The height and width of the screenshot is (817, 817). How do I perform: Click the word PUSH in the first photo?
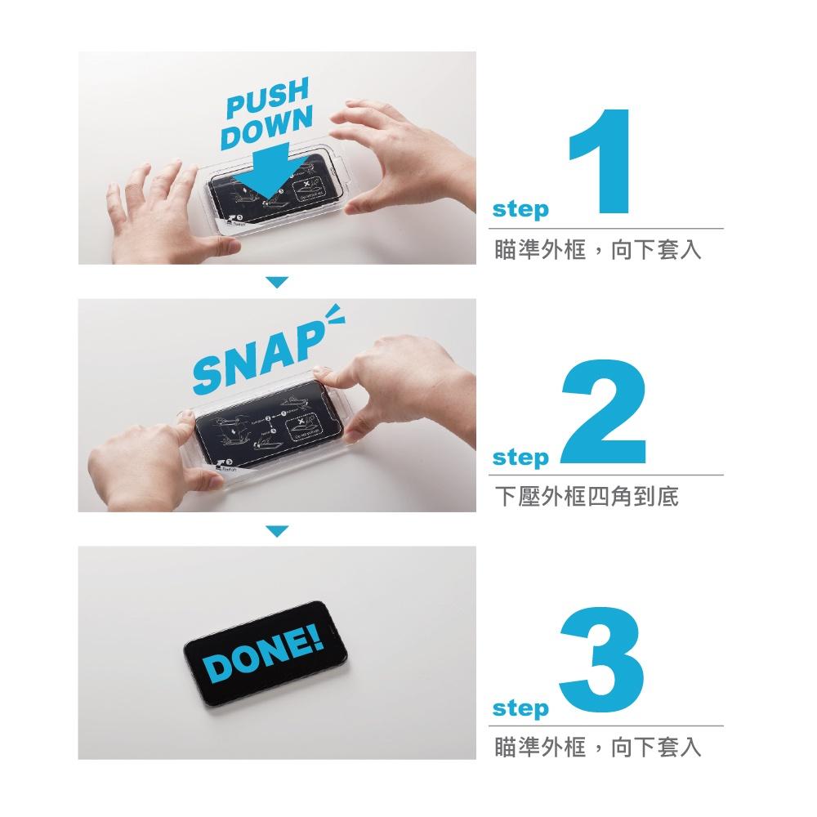click(266, 100)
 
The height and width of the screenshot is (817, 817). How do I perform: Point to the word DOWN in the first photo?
click(266, 130)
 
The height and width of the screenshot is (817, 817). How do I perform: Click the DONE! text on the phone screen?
click(263, 658)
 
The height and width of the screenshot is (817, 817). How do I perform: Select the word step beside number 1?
click(520, 211)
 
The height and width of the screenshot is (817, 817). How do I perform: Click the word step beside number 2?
click(520, 458)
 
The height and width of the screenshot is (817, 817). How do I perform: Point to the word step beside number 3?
click(520, 708)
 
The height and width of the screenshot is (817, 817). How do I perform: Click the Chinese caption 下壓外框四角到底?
click(587, 497)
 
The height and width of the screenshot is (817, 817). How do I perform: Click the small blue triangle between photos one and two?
click(278, 282)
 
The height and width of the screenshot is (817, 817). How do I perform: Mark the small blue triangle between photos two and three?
click(278, 531)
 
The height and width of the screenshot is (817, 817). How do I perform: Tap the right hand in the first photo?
click(408, 155)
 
